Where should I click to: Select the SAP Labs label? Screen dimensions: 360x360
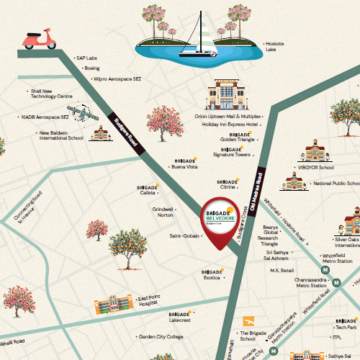88,58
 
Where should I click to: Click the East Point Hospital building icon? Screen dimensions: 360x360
113,305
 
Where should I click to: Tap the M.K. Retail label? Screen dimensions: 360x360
282,271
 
